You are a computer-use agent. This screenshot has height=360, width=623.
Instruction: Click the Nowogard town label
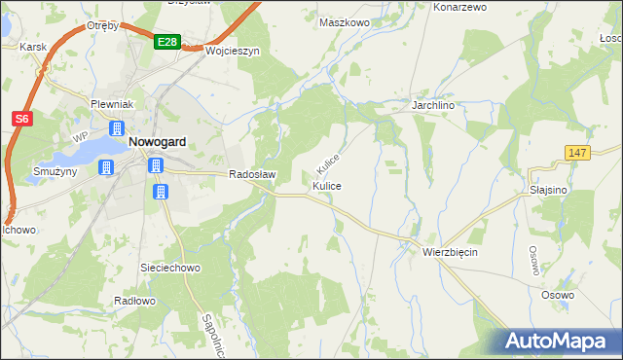pos(158,141)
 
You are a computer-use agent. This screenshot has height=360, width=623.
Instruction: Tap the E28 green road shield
pos(166,42)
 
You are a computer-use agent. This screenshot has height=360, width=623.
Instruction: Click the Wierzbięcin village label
pos(450,251)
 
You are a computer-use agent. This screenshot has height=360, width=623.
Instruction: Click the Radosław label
pos(253,175)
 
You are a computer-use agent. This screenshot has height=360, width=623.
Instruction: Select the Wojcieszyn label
pos(232,52)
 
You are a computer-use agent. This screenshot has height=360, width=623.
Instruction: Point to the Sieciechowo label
pos(170,266)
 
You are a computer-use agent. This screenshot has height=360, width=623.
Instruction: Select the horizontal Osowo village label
pos(558,294)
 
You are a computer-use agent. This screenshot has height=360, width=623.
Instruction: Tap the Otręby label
pos(102,25)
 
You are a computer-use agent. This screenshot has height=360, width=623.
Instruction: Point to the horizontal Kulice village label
pos(327,185)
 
